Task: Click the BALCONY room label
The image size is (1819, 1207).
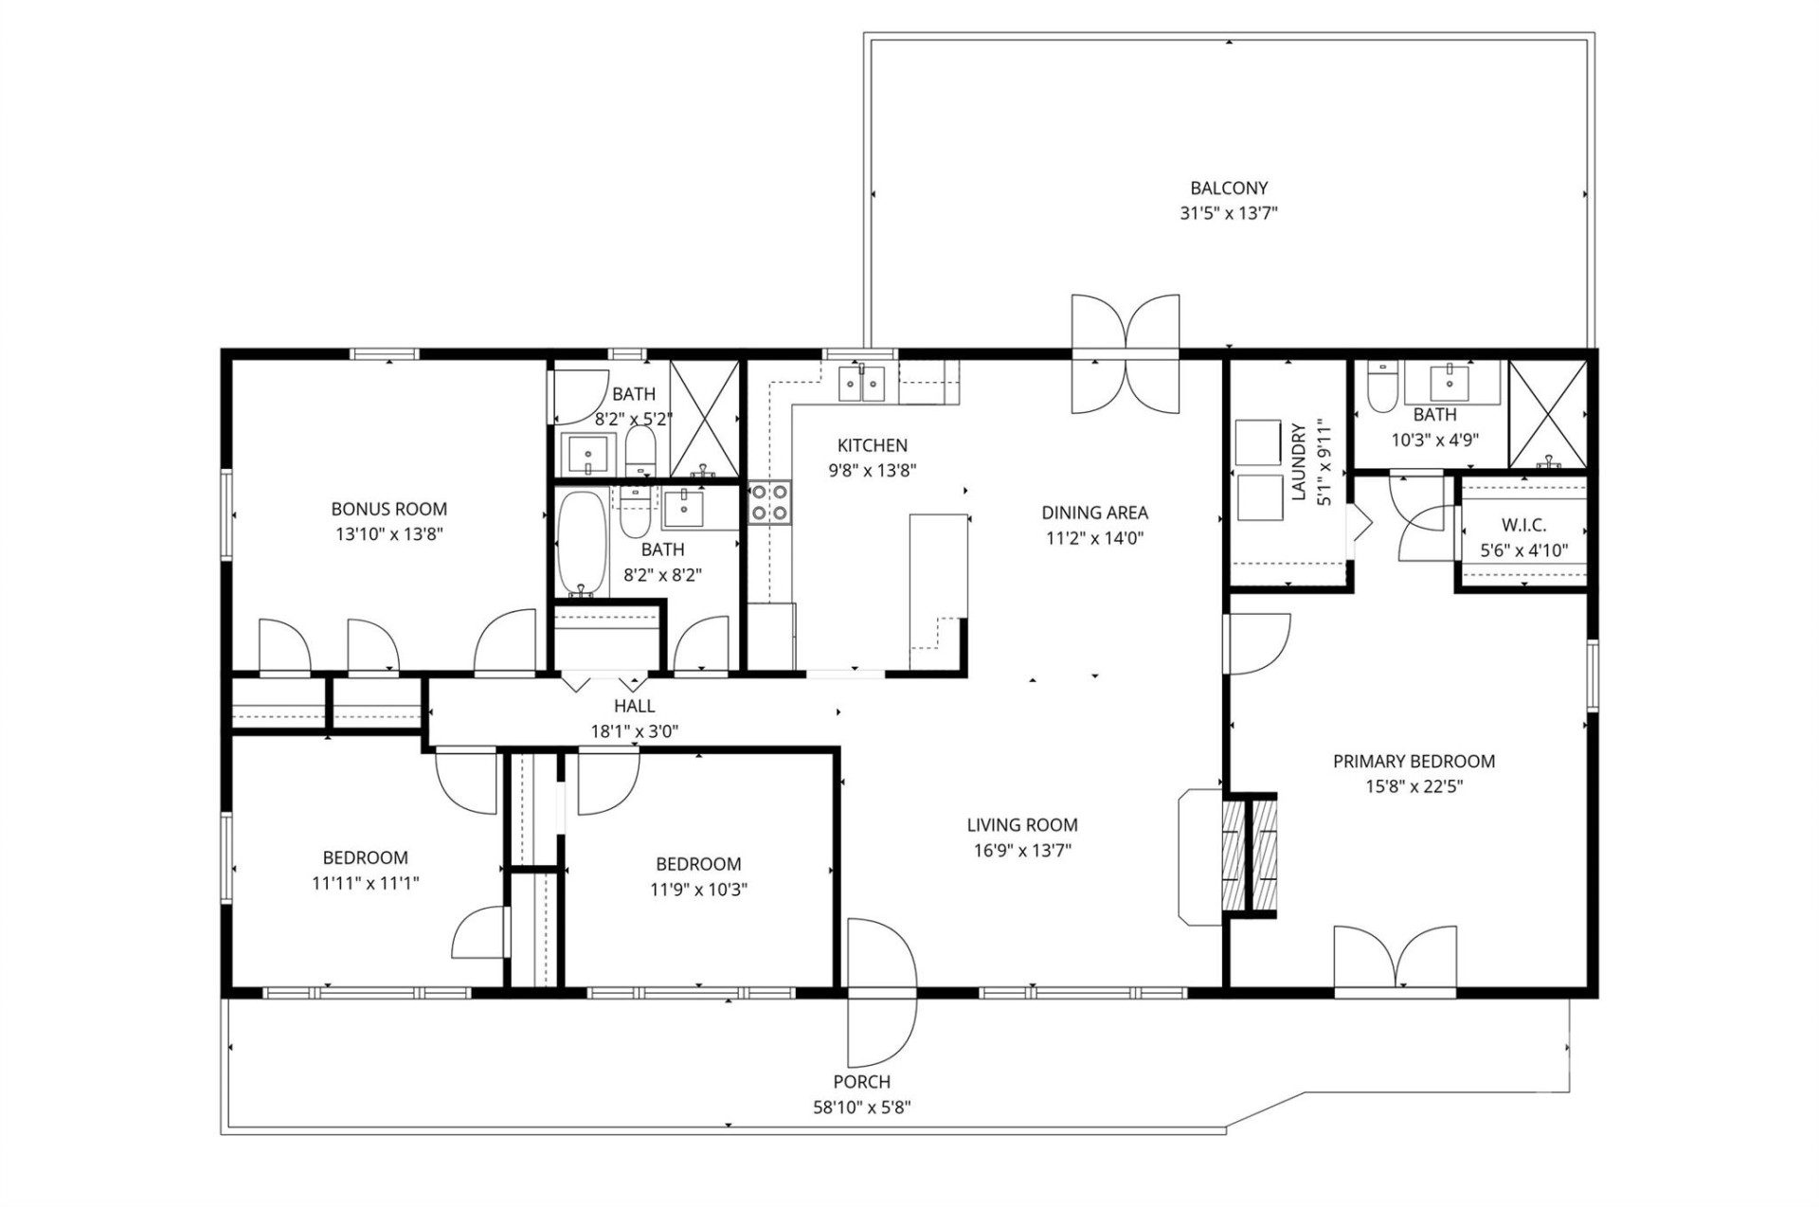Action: click(x=1229, y=189)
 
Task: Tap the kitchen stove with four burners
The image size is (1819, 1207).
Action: click(x=769, y=503)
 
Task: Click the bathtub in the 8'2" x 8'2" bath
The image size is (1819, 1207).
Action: click(x=580, y=542)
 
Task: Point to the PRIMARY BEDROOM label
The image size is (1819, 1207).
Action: click(x=1414, y=761)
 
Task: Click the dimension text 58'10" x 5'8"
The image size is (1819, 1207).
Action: click(x=861, y=1107)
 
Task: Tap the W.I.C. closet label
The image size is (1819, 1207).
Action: click(x=1523, y=525)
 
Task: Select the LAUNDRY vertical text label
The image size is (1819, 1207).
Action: click(x=1299, y=461)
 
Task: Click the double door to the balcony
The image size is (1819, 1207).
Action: click(x=1126, y=354)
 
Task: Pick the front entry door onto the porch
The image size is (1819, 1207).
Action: click(x=881, y=992)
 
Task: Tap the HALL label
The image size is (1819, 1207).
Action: click(x=634, y=706)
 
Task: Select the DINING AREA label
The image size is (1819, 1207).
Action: click(x=1094, y=513)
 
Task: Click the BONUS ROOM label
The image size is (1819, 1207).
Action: click(x=388, y=509)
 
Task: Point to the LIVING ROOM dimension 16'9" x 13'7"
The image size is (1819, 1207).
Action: click(x=1021, y=850)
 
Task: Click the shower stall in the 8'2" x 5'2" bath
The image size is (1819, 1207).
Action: click(x=704, y=418)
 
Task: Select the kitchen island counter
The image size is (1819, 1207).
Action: click(x=938, y=579)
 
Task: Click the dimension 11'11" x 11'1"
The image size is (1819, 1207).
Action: click(x=365, y=883)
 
